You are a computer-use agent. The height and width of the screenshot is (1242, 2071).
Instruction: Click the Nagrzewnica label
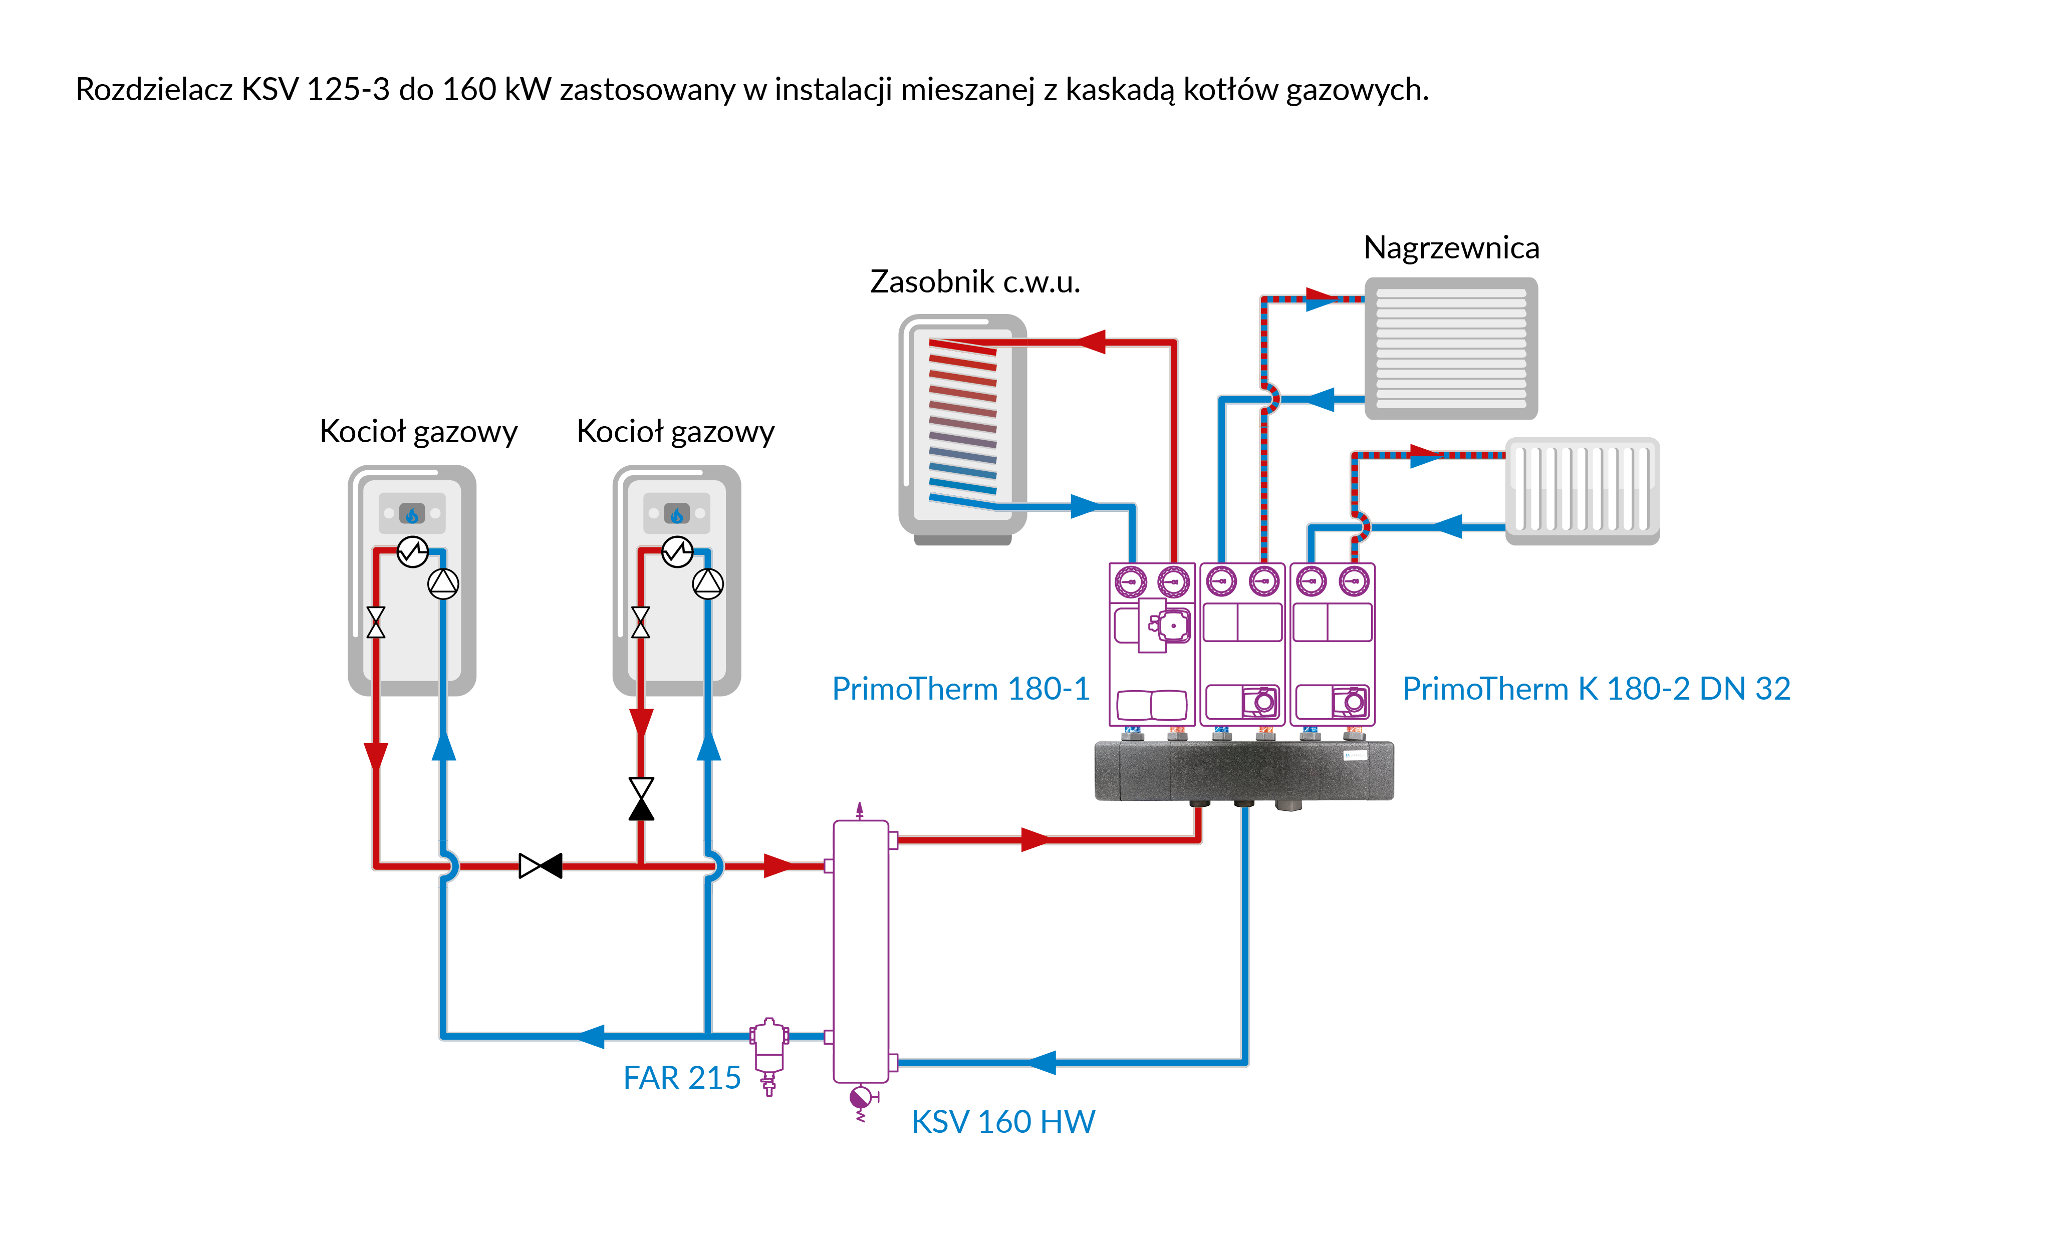coord(1451,248)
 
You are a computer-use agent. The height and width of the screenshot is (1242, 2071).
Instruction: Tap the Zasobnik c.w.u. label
coord(974,282)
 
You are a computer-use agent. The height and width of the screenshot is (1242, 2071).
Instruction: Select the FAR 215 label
coord(681,1077)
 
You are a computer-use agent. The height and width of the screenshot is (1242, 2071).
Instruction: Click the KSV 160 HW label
coord(1003,1121)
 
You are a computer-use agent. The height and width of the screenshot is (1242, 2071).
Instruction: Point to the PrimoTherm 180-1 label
coord(960,689)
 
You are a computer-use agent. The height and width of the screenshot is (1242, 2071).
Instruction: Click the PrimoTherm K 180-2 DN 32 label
coord(1596,689)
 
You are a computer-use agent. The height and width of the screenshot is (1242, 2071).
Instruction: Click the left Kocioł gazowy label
coord(418,432)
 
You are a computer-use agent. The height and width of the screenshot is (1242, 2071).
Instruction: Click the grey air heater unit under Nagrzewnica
coord(1451,348)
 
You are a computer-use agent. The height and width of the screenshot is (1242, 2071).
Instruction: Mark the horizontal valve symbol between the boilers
coord(540,865)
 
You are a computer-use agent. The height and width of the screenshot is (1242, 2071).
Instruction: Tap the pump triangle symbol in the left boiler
coord(443,583)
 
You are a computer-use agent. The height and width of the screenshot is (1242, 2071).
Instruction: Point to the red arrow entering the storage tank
coord(1090,342)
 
